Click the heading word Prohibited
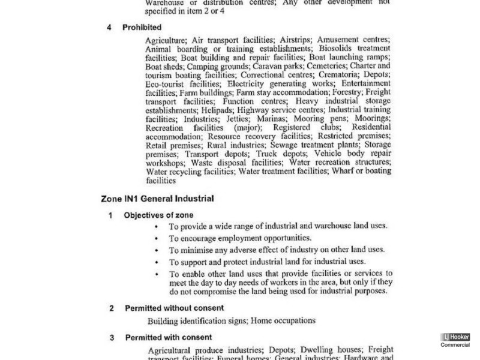pyautogui.click(x=142, y=28)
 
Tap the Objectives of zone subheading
pyautogui.click(x=158, y=214)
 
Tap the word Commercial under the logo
pyautogui.click(x=455, y=345)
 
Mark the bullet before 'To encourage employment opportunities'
pyautogui.click(x=157, y=238)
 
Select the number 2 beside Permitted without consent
pyautogui.click(x=111, y=308)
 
